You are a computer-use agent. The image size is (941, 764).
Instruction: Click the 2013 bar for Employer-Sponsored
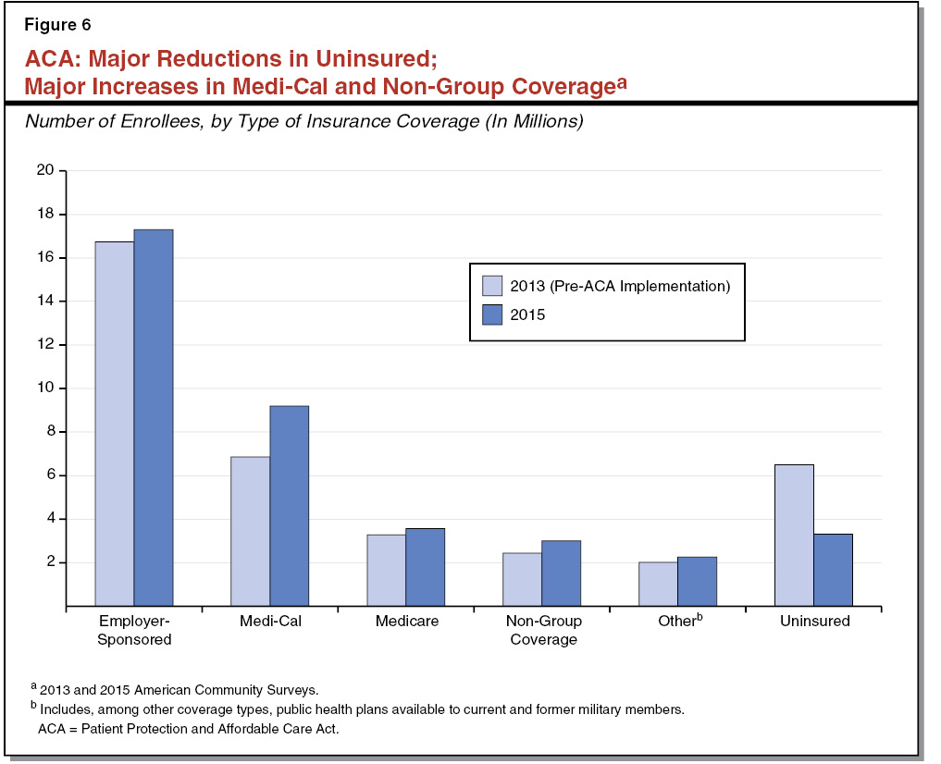pyautogui.click(x=115, y=424)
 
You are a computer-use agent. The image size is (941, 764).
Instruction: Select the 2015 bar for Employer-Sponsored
pyautogui.click(x=154, y=418)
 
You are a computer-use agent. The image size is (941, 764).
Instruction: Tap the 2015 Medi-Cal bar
pyautogui.click(x=290, y=506)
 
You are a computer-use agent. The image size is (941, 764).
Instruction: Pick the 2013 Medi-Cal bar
pyautogui.click(x=251, y=531)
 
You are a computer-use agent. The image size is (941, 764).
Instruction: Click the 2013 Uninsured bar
pyautogui.click(x=794, y=536)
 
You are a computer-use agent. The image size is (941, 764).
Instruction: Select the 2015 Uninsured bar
pyautogui.click(x=833, y=570)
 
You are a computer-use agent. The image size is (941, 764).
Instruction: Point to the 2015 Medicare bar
pyautogui.click(x=425, y=567)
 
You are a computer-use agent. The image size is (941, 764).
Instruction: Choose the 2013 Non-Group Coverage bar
pyautogui.click(x=522, y=579)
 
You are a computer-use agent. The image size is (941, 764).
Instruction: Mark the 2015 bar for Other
pyautogui.click(x=697, y=581)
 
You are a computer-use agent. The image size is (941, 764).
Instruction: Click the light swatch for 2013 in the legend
pyautogui.click(x=491, y=286)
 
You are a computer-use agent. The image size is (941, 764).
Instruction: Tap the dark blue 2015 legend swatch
pyautogui.click(x=491, y=314)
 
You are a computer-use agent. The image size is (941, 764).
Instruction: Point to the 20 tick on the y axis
pyautogui.click(x=45, y=170)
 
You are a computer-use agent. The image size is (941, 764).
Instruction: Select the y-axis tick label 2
pyautogui.click(x=49, y=562)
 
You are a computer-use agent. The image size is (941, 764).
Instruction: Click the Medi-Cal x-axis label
pyautogui.click(x=270, y=622)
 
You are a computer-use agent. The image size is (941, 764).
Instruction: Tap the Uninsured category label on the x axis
pyautogui.click(x=814, y=622)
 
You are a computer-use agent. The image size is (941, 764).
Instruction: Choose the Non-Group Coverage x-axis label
pyautogui.click(x=543, y=630)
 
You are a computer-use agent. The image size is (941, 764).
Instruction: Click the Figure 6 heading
pyautogui.click(x=57, y=25)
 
